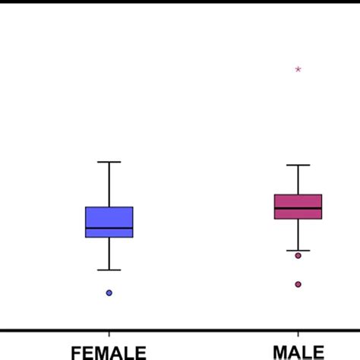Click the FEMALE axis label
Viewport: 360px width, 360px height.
[x=109, y=352]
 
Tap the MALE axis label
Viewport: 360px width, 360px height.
[x=298, y=352]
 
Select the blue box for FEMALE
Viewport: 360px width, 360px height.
[x=109, y=216]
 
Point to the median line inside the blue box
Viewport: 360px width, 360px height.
[x=109, y=228]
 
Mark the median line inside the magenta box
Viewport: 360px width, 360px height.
[x=298, y=207]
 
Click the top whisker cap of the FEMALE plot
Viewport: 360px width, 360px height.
[x=109, y=162]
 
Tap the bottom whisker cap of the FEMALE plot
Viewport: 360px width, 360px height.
[x=109, y=270]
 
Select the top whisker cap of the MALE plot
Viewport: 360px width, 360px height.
[x=298, y=165]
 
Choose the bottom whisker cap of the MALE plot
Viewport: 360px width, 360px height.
[x=298, y=250]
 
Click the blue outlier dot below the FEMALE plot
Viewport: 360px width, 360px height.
[x=109, y=292]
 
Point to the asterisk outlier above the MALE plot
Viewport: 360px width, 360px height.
[x=298, y=70]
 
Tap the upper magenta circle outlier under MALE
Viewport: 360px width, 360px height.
[x=298, y=255]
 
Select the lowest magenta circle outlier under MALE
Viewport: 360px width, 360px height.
[x=298, y=284]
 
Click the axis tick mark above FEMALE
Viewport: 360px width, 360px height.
[x=109, y=333]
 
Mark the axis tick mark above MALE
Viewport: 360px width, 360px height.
[x=298, y=333]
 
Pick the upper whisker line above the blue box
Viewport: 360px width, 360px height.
[x=109, y=184]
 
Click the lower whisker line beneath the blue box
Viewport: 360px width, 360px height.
[x=109, y=254]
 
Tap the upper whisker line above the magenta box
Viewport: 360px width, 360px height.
[x=298, y=179]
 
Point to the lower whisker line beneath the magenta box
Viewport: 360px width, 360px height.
[x=298, y=235]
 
